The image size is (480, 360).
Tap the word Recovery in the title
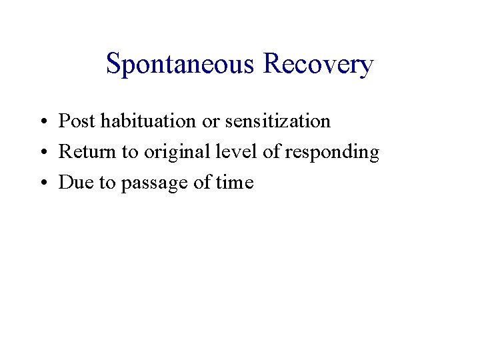[318, 65]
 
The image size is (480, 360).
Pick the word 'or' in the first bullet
[212, 121]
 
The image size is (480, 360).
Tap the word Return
[83, 152]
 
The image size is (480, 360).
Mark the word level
[231, 152]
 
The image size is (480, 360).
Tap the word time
[235, 183]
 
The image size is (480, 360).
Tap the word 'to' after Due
[107, 183]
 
